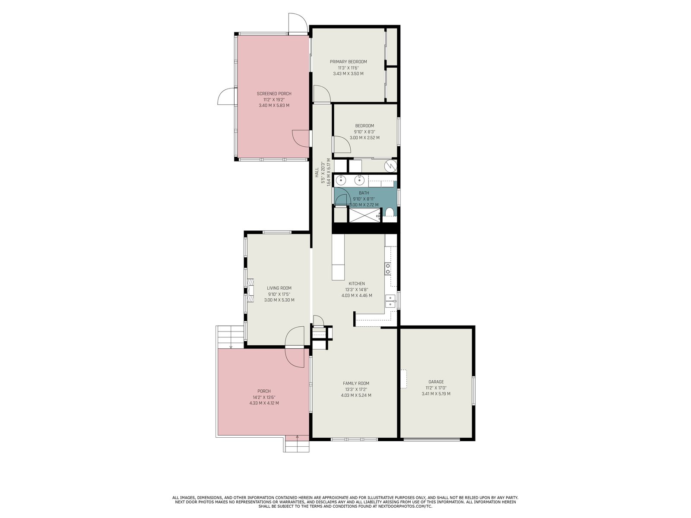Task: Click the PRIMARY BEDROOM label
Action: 348,62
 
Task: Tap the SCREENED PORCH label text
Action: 274,94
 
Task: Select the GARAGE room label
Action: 436,382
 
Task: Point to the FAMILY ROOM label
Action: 356,383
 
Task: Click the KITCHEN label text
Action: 357,284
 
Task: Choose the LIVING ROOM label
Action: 279,288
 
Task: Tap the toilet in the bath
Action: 390,213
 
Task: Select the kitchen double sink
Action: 390,301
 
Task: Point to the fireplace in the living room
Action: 250,290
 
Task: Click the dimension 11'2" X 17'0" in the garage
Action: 436,388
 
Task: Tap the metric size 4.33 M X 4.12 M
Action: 264,403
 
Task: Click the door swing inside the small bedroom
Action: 342,144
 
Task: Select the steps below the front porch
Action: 296,444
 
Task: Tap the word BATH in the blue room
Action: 364,193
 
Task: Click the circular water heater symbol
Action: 391,166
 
